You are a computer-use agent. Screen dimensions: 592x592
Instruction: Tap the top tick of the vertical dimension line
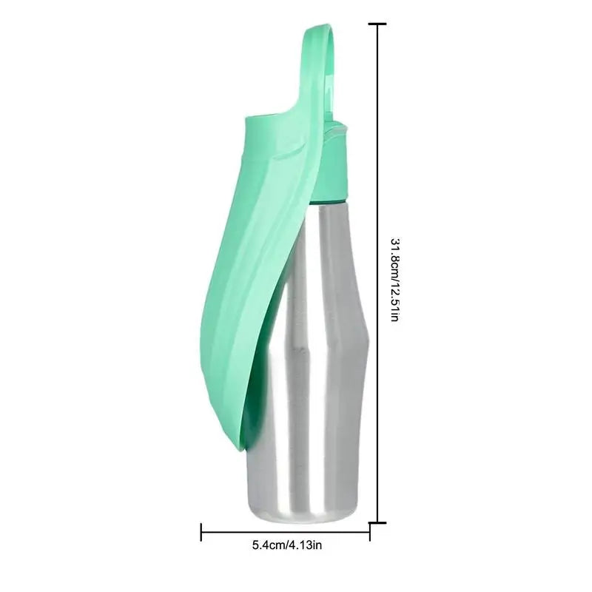pyautogui.click(x=377, y=24)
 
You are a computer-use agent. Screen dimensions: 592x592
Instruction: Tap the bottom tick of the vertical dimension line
pyautogui.click(x=377, y=522)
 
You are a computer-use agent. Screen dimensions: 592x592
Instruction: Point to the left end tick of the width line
pyautogui.click(x=201, y=531)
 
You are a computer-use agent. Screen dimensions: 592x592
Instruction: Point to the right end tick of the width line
pyautogui.click(x=370, y=531)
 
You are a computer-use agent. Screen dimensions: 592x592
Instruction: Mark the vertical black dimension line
pyautogui.click(x=377, y=148)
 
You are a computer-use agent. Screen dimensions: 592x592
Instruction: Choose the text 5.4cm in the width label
pyautogui.click(x=267, y=547)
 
